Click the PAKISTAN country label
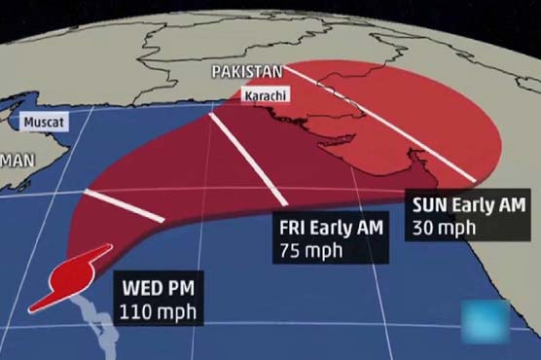tap(247, 72)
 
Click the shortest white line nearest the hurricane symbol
tap(123, 205)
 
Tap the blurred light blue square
tap(485, 321)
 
